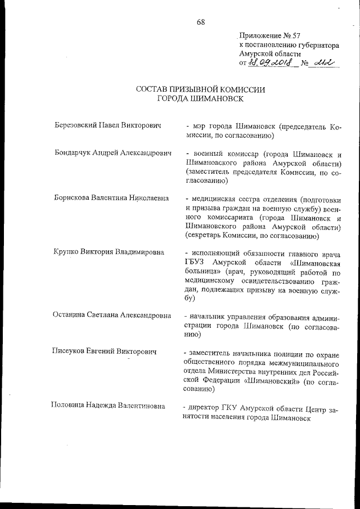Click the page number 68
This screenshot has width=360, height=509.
pyautogui.click(x=201, y=22)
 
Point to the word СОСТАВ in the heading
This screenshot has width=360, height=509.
pyautogui.click(x=154, y=89)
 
